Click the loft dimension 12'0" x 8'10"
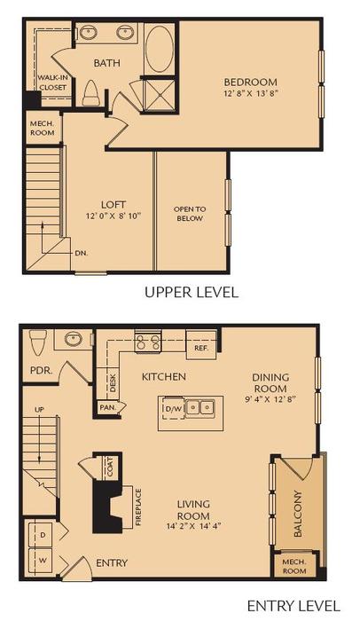pyautogui.click(x=113, y=215)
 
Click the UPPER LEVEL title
pyautogui.click(x=192, y=292)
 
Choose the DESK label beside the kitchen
pyautogui.click(x=113, y=381)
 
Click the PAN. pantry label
pyautogui.click(x=108, y=407)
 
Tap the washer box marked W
pyautogui.click(x=42, y=560)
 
